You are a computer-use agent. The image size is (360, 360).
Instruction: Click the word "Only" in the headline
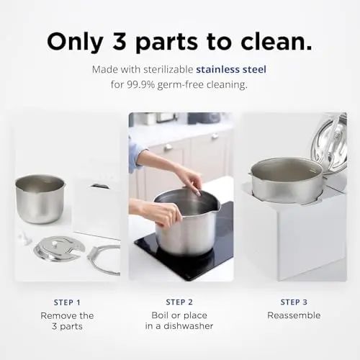(x=75, y=42)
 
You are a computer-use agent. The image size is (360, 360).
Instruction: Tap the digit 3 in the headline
(x=119, y=41)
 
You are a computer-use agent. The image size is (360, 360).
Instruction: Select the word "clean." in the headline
(x=276, y=41)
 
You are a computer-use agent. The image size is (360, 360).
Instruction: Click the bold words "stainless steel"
(x=231, y=69)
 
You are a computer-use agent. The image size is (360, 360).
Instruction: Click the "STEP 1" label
(x=67, y=302)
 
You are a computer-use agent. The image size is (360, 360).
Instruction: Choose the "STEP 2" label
(x=179, y=302)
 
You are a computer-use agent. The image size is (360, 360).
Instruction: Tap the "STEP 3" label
(x=294, y=302)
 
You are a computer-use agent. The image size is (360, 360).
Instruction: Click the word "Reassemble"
(x=294, y=315)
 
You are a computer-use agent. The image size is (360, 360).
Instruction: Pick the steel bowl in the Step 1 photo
(x=40, y=199)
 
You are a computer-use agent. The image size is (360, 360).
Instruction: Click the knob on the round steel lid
(x=55, y=243)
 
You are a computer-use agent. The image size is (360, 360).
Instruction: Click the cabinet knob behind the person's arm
(x=168, y=147)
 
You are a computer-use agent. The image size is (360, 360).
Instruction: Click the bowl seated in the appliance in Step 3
(x=287, y=182)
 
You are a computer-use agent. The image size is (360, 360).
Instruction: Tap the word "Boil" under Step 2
(x=159, y=315)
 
